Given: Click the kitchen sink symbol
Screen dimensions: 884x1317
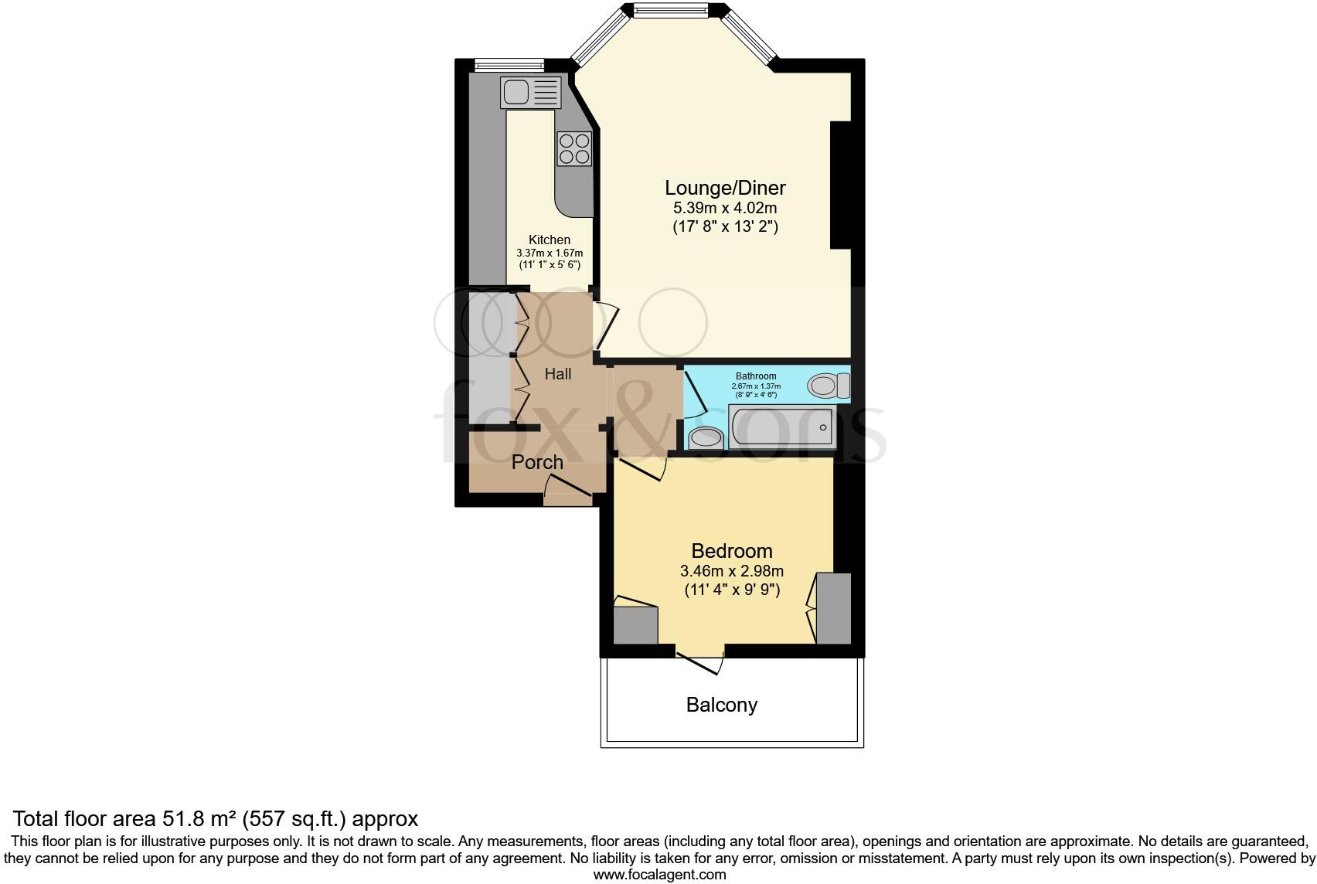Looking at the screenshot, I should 530,93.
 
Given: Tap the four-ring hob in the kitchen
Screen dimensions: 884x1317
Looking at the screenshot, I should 574,148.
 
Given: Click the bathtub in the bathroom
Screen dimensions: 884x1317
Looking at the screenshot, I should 782,427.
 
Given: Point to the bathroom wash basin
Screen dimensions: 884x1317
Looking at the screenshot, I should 705,438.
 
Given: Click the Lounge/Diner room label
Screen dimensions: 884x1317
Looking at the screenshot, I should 725,188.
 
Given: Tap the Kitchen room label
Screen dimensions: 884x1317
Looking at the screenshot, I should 550,240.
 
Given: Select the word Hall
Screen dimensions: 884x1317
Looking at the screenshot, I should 558,374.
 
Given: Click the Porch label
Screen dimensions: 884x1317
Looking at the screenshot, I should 537,462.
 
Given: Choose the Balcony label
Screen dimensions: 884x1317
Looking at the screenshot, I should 721,705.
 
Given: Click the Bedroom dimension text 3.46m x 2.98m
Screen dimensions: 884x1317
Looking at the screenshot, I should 731,572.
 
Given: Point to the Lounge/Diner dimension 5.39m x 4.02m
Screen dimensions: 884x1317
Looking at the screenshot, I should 725,208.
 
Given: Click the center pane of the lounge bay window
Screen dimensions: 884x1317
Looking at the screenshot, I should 670,10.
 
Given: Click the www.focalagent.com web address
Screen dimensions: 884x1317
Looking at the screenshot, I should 659,875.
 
